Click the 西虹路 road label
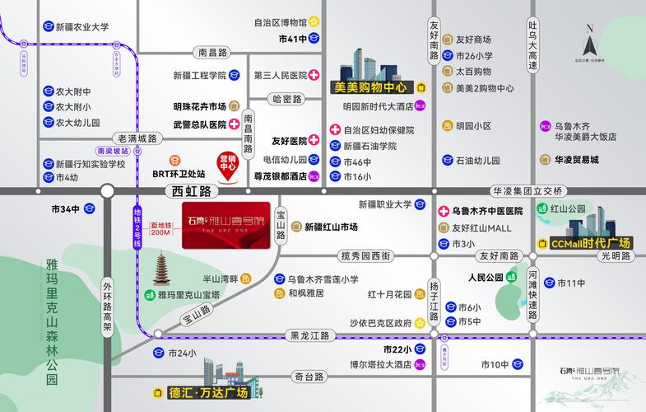(188, 191)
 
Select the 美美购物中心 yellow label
(369, 87)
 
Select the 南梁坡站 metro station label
(113, 152)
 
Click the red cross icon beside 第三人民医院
(314, 75)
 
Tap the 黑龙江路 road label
(309, 335)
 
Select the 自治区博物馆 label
(280, 22)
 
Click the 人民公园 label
(485, 278)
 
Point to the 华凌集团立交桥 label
(527, 190)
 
